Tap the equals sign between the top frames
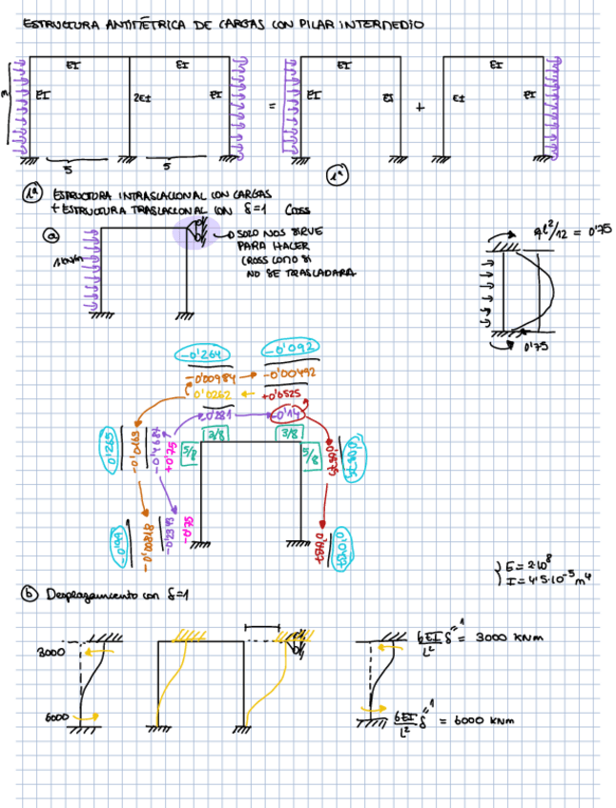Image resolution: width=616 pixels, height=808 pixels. pos(270,108)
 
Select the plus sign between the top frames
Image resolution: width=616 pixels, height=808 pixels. pos(420,107)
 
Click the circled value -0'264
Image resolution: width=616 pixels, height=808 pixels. pos(201,355)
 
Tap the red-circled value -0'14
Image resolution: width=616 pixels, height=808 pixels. pos(287,414)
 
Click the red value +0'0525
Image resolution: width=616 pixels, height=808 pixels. pos(285,393)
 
